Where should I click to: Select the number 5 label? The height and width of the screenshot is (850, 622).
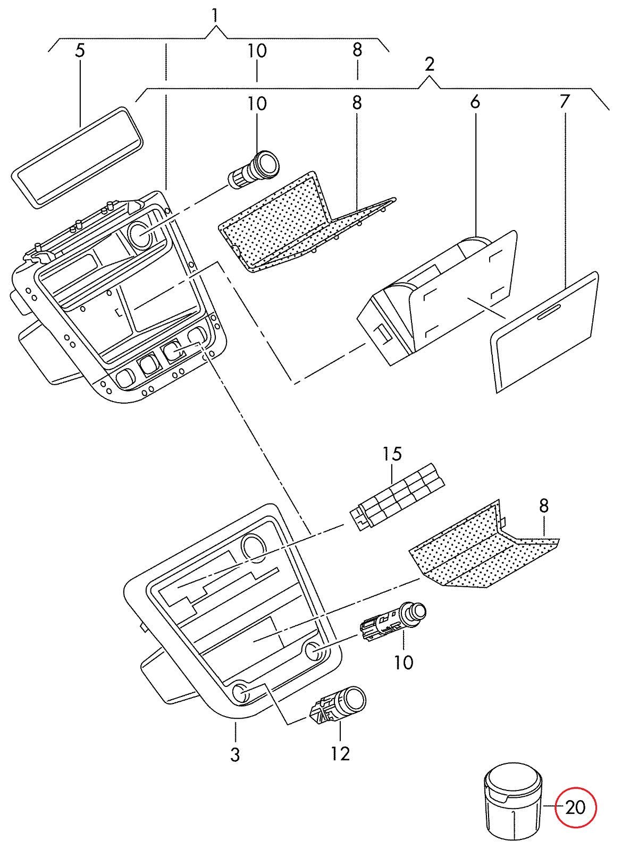coord(80,51)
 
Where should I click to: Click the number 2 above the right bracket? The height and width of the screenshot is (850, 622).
coord(430,65)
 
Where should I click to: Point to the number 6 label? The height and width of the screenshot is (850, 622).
coord(475,103)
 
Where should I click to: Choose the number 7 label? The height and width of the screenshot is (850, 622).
coord(565,101)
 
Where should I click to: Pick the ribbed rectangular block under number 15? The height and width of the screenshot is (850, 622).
coord(397,496)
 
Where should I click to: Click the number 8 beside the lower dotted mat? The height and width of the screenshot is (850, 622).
coord(544,506)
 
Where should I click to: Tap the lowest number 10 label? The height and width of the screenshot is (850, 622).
coord(404,662)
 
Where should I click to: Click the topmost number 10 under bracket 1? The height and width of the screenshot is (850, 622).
coord(257,51)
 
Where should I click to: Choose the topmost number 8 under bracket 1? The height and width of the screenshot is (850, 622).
coord(357,50)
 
